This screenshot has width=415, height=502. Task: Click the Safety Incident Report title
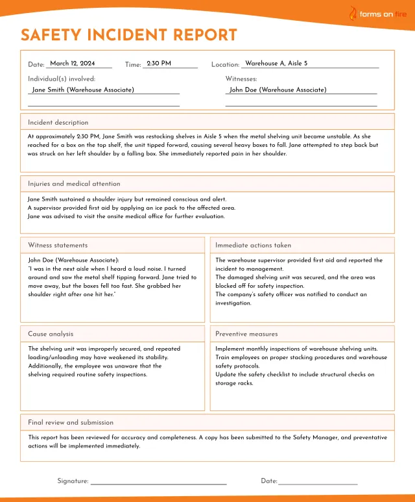point(128,35)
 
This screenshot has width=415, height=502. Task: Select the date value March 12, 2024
point(73,64)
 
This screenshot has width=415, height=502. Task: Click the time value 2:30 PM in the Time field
point(159,64)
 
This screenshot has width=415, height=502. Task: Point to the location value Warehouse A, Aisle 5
point(276,64)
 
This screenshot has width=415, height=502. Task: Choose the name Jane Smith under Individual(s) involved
point(83,90)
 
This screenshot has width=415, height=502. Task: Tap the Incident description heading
point(58,122)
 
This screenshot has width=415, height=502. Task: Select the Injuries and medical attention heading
point(74,184)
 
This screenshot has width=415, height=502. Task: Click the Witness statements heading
point(58,245)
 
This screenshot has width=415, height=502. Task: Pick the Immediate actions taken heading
point(253,245)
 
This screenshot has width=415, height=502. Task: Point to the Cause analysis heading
point(51,334)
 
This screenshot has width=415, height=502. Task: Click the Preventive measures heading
point(246,334)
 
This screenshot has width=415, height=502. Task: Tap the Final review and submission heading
point(71,422)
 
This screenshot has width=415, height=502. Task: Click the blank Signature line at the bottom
point(158,483)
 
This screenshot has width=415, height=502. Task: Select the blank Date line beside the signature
point(318,483)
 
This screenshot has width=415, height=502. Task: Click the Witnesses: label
point(241,78)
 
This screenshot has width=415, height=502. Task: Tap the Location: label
point(226,65)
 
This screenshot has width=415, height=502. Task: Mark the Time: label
point(133,65)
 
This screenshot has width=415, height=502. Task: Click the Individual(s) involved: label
point(62,78)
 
